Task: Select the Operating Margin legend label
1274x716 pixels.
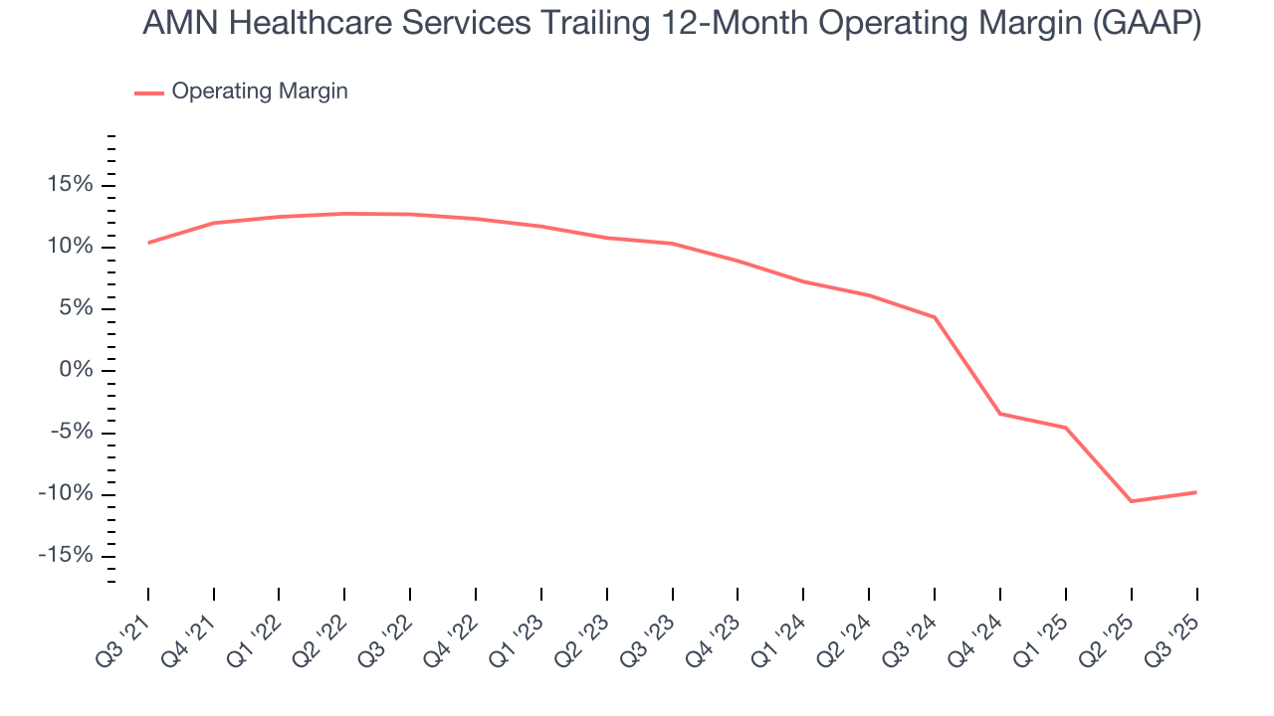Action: [x=260, y=91]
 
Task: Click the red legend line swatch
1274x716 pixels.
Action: [x=149, y=92]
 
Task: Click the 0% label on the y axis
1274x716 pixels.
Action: [x=74, y=370]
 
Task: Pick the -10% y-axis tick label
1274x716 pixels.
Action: [x=66, y=494]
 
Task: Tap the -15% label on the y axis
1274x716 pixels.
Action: [x=66, y=556]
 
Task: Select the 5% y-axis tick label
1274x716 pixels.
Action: [x=74, y=308]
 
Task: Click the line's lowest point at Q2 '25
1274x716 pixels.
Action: [x=1131, y=501]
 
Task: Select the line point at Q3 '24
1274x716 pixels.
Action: [x=935, y=317]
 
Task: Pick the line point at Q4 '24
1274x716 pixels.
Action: [x=1000, y=414]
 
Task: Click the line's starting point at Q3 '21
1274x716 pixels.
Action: [x=148, y=243]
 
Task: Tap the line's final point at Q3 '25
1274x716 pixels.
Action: [x=1196, y=492]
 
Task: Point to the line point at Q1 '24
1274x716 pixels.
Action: [x=803, y=281]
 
